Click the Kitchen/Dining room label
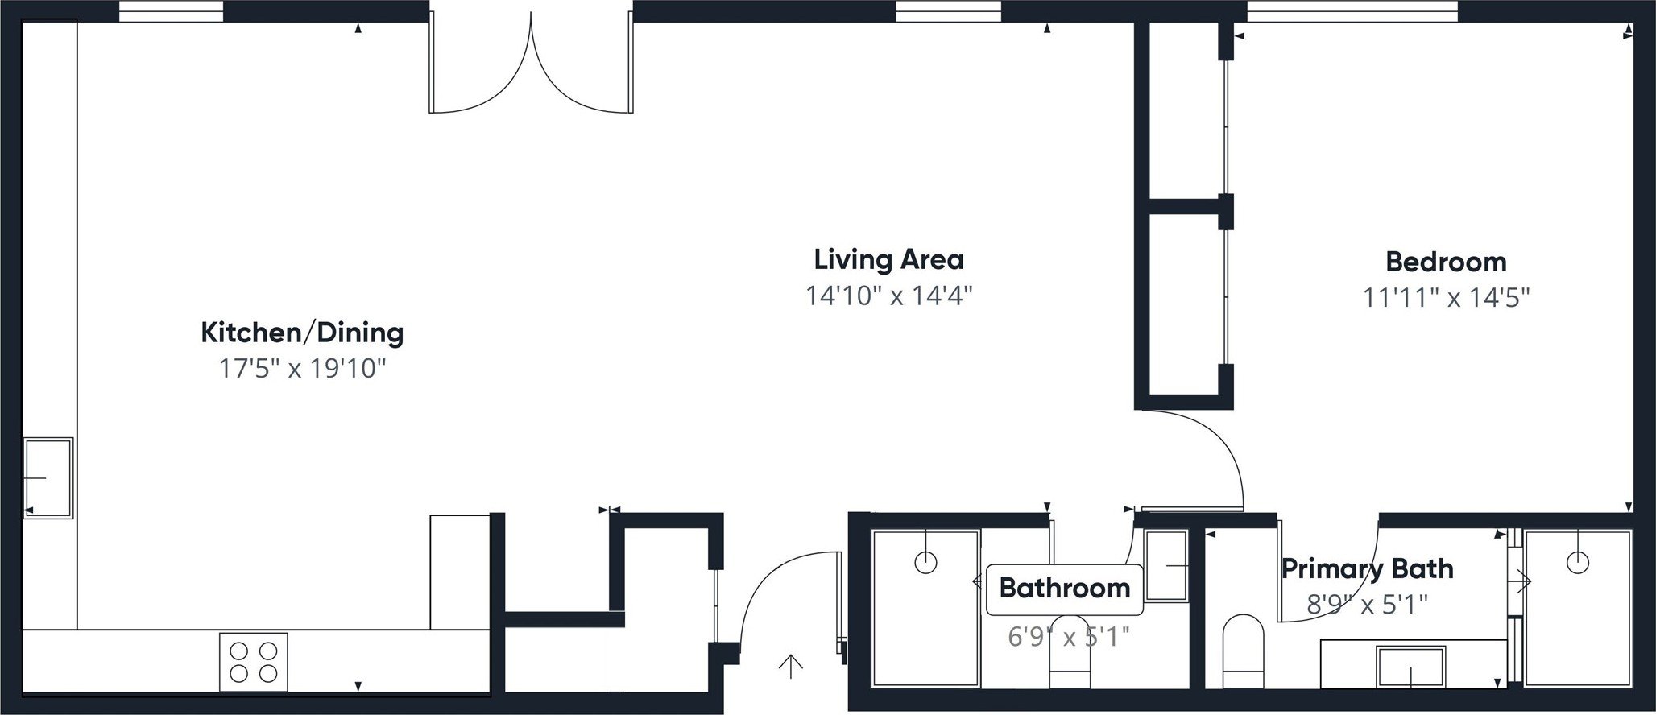tap(301, 333)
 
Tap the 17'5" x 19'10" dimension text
tap(303, 370)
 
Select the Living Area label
tap(888, 260)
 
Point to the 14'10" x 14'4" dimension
tap(889, 296)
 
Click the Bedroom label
tap(1446, 262)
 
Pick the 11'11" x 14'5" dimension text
tap(1446, 299)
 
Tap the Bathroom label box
tap(1064, 588)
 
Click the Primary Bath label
tap(1367, 568)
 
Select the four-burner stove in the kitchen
tap(253, 662)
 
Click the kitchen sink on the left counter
tap(48, 478)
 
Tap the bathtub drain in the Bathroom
tap(926, 562)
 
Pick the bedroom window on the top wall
tap(1352, 11)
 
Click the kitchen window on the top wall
tap(171, 11)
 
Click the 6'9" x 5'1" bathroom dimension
tap(1068, 638)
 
